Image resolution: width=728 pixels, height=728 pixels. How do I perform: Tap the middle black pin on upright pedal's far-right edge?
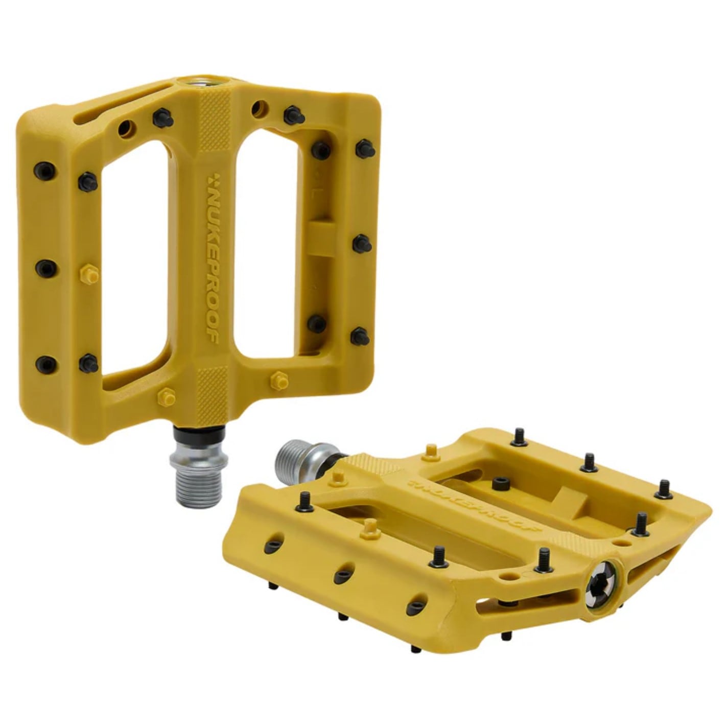click(362, 243)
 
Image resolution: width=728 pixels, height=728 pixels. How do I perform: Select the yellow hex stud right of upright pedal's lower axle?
click(278, 380)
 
